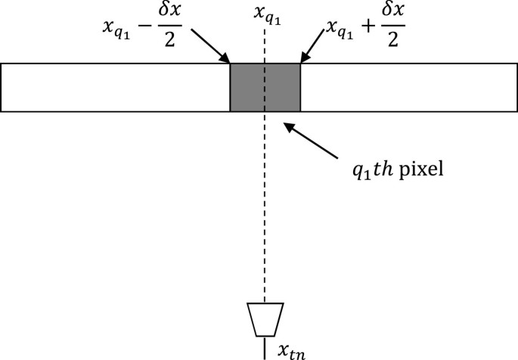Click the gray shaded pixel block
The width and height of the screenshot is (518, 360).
tap(265, 88)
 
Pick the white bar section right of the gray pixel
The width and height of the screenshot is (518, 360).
tap(408, 88)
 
